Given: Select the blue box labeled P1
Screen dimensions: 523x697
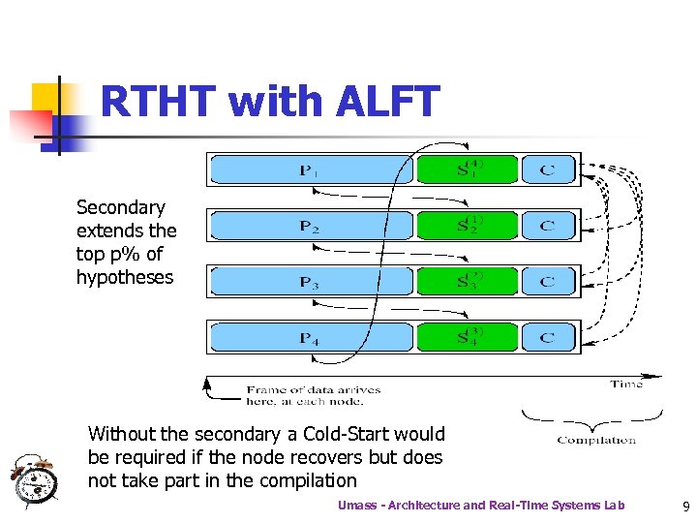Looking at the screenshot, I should (x=310, y=169).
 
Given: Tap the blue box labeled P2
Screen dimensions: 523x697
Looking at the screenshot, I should (x=310, y=226).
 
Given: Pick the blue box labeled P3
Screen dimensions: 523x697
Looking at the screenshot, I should (x=310, y=282).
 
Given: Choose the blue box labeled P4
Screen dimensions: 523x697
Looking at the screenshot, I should (x=310, y=338).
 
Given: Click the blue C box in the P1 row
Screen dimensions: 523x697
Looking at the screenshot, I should (x=548, y=169).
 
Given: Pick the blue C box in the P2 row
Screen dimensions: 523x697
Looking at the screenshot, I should (x=548, y=226).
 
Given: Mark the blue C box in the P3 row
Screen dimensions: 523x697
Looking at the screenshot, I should (x=548, y=282).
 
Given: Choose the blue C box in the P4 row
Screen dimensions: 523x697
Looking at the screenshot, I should (x=548, y=338).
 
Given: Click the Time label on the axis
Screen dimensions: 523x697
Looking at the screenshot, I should (x=626, y=385).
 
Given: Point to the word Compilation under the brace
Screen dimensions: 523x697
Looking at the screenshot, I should (x=596, y=441).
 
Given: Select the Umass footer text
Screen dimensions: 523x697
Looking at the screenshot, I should (x=480, y=505).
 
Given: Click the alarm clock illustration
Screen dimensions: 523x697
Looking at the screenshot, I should (x=35, y=480).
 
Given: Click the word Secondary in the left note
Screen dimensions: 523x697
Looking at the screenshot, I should (x=121, y=207).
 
